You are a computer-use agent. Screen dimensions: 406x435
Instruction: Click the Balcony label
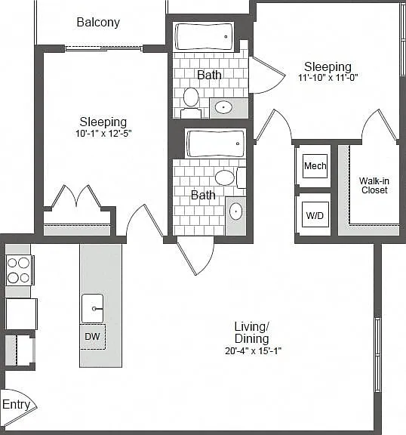tap(98, 23)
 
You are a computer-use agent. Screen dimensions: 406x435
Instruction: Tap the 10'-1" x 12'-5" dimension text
tap(103, 134)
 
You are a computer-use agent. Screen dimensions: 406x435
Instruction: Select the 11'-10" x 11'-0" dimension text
tap(328, 77)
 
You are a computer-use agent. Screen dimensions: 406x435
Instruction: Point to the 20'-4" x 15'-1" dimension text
tap(253, 351)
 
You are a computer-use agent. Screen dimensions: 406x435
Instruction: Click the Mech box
tap(315, 166)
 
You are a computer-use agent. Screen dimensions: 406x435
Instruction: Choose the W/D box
tap(315, 214)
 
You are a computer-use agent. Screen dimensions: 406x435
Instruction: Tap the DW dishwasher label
tap(92, 337)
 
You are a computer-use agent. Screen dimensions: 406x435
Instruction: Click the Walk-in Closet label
tap(374, 185)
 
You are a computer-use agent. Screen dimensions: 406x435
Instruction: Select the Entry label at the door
tap(16, 404)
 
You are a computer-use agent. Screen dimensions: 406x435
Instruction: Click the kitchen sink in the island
tap(93, 308)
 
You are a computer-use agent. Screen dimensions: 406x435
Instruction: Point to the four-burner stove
tap(19, 270)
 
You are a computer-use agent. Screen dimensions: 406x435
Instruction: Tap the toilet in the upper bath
tap(191, 102)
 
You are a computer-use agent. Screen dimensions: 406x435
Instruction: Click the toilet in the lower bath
tap(230, 177)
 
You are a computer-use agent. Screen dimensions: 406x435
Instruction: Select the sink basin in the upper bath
tap(223, 107)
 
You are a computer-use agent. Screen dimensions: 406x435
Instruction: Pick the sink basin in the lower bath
tap(236, 211)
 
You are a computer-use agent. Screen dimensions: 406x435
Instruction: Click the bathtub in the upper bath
tap(204, 36)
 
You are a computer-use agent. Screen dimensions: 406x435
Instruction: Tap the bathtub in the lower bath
tap(215, 143)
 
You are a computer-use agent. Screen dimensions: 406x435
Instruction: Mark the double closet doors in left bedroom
tap(76, 197)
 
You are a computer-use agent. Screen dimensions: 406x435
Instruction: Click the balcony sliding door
tap(103, 48)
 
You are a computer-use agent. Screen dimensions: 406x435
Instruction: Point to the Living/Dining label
tap(251, 332)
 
